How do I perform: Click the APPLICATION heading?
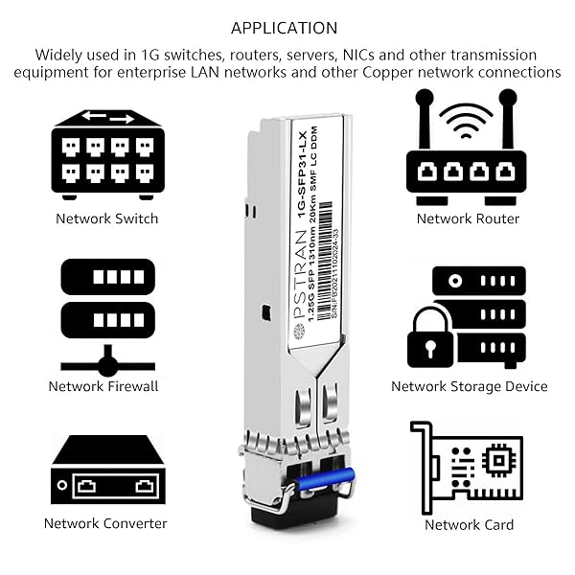[284, 28]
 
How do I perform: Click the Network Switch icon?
[107, 153]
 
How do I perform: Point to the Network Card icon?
[467, 467]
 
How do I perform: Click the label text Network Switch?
[107, 218]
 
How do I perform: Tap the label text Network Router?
[468, 218]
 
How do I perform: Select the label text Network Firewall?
[103, 386]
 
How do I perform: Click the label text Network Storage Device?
[469, 386]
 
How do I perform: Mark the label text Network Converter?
[105, 523]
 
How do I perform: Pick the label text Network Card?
[469, 524]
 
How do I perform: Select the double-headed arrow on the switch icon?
[107, 117]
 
